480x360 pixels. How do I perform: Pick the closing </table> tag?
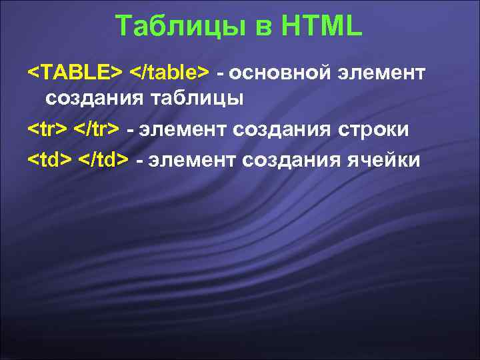pyautogui.click(x=169, y=71)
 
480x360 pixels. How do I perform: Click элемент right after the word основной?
pyautogui.click(x=383, y=71)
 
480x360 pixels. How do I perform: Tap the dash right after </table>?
pyautogui.click(x=219, y=71)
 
